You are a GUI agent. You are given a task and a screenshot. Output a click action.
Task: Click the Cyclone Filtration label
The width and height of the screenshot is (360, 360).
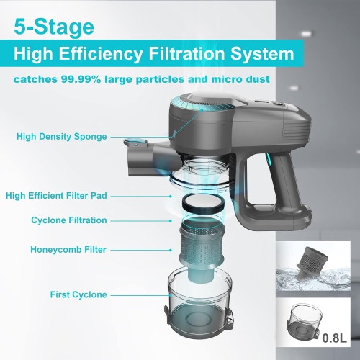(x=69, y=220)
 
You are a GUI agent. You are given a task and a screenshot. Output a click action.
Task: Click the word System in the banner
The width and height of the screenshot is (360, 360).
(x=266, y=54)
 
